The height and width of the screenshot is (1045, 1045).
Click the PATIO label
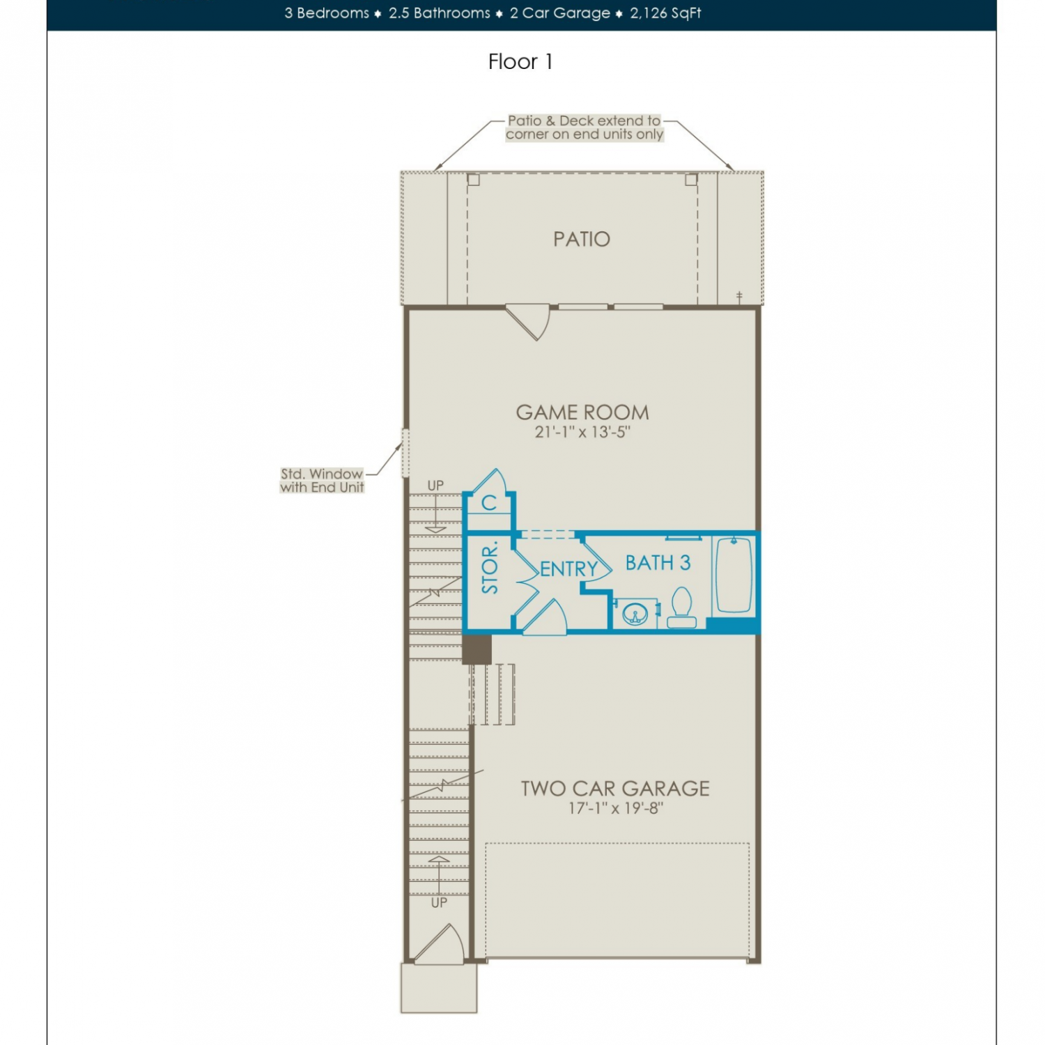coord(582,239)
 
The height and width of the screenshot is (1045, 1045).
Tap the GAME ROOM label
coord(582,412)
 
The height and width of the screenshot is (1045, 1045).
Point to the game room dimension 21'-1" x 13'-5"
coord(582,432)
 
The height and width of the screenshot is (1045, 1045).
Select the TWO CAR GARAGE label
coord(615,788)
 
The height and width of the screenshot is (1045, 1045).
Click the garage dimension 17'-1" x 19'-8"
coord(616,808)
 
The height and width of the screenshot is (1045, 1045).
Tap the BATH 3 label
coord(658,563)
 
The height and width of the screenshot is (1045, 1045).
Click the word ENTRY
coord(569,569)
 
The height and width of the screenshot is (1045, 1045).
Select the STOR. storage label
coord(490,568)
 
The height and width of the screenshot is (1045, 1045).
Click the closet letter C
coord(489,503)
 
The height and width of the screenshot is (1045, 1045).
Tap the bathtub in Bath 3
coord(734,575)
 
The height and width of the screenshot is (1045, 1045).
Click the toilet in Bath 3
coord(681,608)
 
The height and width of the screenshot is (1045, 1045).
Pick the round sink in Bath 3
coord(635,614)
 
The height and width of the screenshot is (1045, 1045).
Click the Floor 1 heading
coord(520,62)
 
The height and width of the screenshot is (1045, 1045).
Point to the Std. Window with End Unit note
coord(322,481)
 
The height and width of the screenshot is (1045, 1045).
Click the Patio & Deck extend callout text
coord(585,127)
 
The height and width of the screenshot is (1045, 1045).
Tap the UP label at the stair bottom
coord(439,903)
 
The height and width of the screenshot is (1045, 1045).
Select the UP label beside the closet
coord(435,486)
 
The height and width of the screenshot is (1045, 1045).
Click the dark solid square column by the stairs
coord(477,649)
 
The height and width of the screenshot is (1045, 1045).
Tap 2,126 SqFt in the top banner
coord(665,13)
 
